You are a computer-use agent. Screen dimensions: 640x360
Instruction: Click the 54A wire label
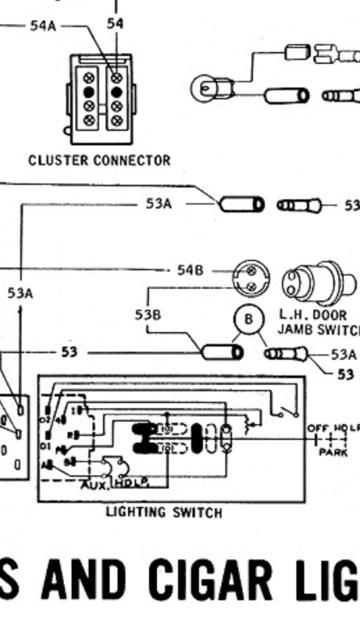pyautogui.click(x=43, y=26)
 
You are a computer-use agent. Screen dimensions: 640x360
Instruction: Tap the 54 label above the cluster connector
pyautogui.click(x=115, y=23)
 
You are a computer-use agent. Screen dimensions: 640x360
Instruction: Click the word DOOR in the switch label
pyautogui.click(x=331, y=315)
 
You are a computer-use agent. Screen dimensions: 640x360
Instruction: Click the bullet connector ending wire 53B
pyautogui.click(x=222, y=352)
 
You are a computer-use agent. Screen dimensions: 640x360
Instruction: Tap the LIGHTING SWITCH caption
pyautogui.click(x=163, y=513)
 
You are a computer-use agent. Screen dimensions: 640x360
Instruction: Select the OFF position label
pyautogui.click(x=318, y=428)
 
